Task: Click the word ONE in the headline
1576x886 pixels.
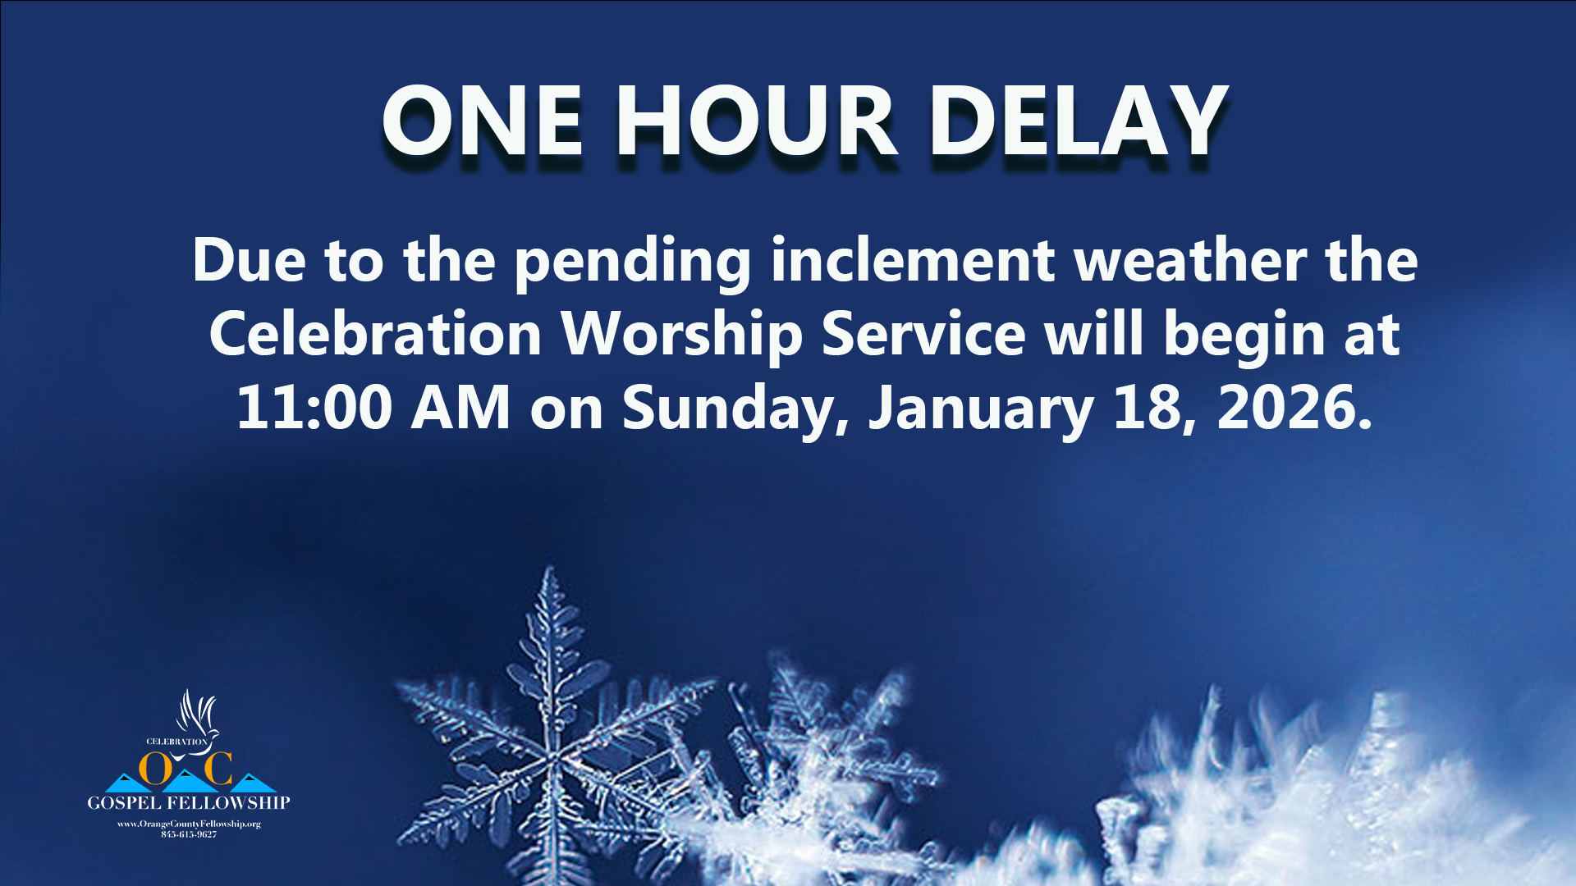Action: (483, 121)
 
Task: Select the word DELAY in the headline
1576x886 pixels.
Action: (1078, 121)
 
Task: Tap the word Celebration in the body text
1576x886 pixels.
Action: (376, 334)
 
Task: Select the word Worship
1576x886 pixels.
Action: (681, 337)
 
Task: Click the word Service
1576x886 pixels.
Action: (923, 334)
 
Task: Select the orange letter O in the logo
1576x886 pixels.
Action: (156, 768)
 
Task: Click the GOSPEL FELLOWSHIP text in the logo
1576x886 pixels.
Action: (189, 802)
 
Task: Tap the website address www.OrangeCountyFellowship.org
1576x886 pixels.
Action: (189, 824)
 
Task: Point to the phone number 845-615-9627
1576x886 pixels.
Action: (189, 834)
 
